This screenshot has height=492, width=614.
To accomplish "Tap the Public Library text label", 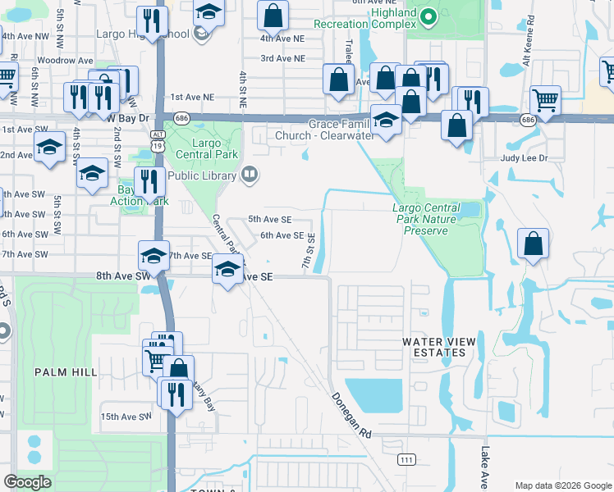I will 204,175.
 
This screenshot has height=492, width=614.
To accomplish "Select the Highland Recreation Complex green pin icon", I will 426,16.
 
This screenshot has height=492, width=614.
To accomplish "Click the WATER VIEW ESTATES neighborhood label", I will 433,347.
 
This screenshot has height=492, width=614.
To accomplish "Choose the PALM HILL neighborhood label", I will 62,371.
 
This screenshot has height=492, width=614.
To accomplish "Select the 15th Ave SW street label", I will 126,417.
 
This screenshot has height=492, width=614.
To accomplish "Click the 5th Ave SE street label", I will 270,220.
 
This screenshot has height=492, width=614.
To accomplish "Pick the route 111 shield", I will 406,460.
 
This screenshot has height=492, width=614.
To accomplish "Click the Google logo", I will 27,482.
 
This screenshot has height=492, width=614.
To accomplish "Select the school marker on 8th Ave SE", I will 227,271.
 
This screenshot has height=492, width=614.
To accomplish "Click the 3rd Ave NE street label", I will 282,59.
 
